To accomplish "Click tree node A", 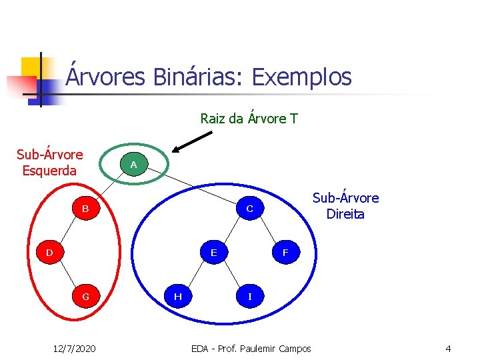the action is tap(133, 164).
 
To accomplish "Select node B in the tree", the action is tap(85, 209).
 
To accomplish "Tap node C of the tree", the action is tap(249, 209).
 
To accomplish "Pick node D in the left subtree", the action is tap(49, 253).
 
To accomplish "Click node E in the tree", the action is tap(213, 253).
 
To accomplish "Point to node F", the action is tap(285, 253).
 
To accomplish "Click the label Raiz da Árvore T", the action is tap(249, 119).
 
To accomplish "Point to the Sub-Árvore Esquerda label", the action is tap(49, 162).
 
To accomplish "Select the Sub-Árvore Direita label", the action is tap(345, 206).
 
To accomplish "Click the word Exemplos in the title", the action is tap(301, 77).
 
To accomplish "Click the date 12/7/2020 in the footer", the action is tap(74, 348).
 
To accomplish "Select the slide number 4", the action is tap(448, 348).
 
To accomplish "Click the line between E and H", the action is tap(195, 275).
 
